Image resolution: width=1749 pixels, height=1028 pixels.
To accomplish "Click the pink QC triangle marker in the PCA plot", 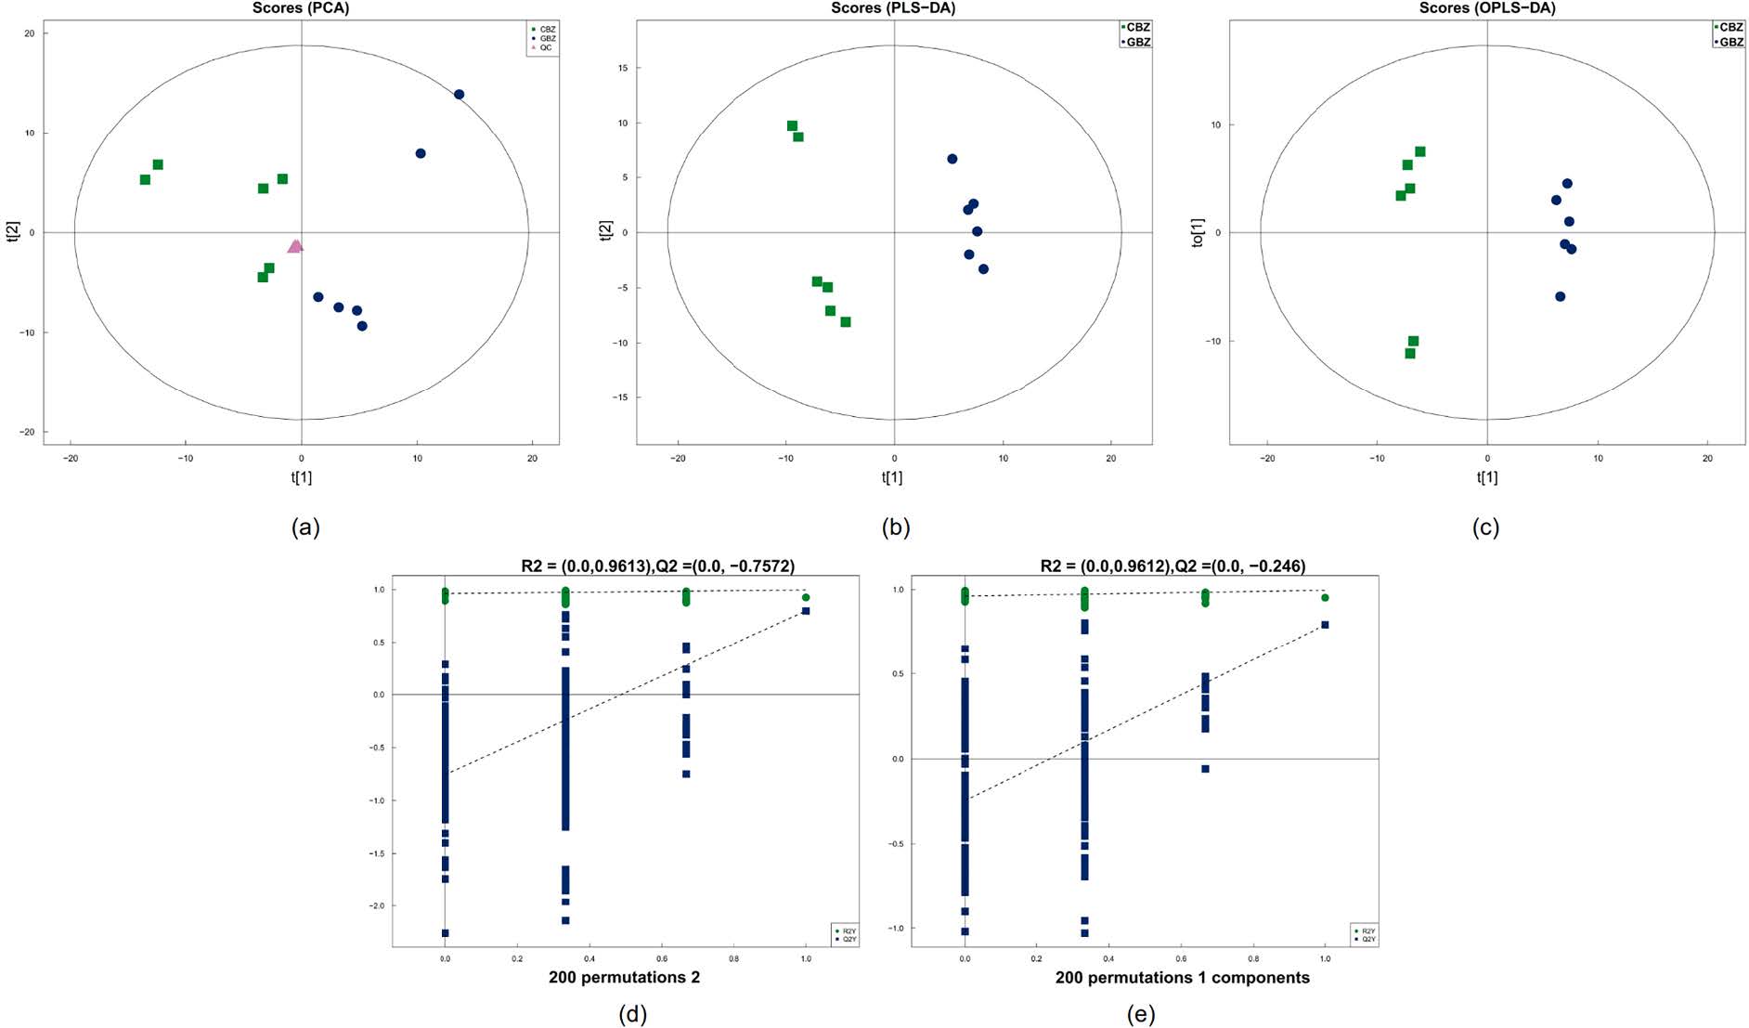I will click(296, 246).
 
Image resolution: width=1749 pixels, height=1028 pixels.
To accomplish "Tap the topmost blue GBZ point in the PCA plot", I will click(459, 95).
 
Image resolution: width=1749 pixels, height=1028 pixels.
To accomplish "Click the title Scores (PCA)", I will click(301, 8).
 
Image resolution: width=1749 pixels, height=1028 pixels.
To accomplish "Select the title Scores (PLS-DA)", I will click(893, 8).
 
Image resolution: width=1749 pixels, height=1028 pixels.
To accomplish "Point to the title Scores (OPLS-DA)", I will click(1487, 8).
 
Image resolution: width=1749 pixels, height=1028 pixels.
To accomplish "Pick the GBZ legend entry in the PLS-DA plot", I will click(1137, 42).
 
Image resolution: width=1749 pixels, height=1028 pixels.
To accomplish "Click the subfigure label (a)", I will click(305, 527).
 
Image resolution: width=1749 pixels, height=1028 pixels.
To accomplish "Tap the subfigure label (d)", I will click(632, 1014).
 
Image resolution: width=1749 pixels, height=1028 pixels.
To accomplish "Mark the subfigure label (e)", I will click(1140, 1014).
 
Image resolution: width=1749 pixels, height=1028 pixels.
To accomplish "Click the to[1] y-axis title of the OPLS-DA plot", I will click(1198, 233).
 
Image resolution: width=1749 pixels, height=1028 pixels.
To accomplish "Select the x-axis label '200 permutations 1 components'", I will click(1182, 978).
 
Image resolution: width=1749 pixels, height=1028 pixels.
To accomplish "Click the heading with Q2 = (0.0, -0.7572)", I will click(657, 566).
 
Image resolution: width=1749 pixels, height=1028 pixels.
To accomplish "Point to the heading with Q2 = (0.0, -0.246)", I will click(1172, 566).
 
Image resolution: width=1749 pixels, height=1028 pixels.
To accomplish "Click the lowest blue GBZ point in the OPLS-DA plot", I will click(1560, 297).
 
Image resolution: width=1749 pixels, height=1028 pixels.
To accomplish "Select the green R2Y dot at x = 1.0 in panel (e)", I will click(1325, 598).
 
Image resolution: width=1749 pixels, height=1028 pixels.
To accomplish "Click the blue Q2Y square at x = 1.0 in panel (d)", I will click(806, 611).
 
